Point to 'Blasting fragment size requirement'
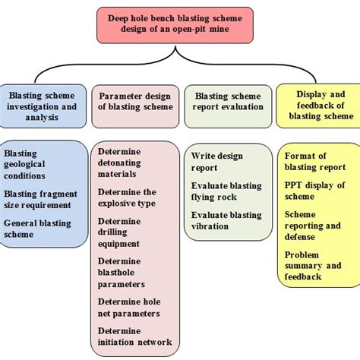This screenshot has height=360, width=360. tap(43, 200)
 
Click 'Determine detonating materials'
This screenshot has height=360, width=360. tap(122, 163)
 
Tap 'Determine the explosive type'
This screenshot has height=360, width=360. tap(127, 198)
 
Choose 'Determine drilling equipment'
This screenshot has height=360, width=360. tap(120, 232)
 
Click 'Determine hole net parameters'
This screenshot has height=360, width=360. tap(128, 307)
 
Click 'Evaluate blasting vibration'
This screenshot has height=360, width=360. tap(225, 221)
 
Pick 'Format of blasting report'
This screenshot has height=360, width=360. tap(315, 162)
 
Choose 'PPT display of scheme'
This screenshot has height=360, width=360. tap(314, 191)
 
